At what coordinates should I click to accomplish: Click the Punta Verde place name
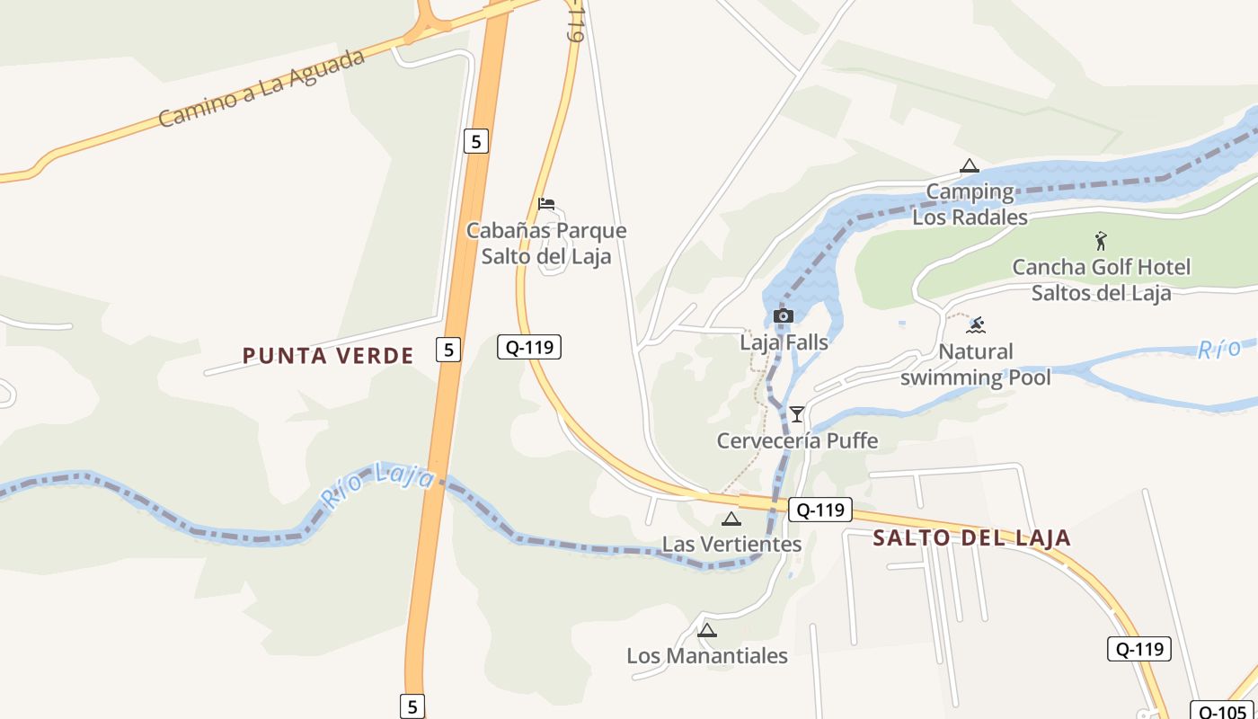click(328, 356)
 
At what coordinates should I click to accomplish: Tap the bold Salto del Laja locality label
click(972, 538)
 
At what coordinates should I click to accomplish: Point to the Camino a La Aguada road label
click(261, 88)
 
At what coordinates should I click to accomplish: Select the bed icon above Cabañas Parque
click(546, 204)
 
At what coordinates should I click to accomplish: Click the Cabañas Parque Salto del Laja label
click(546, 244)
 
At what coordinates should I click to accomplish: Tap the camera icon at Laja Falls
click(784, 315)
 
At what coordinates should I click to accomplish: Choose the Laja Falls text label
click(784, 342)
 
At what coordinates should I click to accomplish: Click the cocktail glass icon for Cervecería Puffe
click(797, 414)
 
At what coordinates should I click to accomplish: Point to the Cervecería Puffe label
click(797, 441)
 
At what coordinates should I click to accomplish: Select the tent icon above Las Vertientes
click(731, 519)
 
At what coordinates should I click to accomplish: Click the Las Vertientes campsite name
click(731, 545)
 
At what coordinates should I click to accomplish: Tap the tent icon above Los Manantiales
click(707, 630)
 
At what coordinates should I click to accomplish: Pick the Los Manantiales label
click(707, 656)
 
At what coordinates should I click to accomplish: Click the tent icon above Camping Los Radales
click(969, 165)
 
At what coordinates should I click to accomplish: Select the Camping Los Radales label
click(970, 204)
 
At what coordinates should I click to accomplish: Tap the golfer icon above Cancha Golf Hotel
click(1101, 241)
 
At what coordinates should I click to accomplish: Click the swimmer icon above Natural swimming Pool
click(976, 324)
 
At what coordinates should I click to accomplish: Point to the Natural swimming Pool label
click(975, 364)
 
